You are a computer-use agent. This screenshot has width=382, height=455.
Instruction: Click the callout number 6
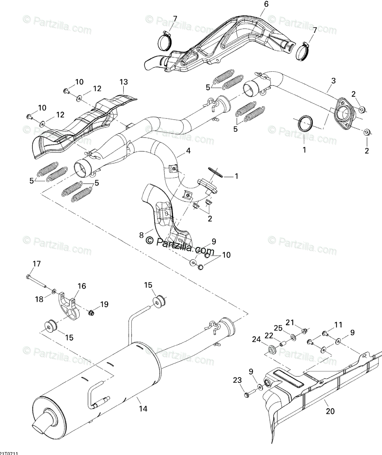266,4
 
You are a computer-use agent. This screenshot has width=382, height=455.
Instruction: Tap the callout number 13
123,82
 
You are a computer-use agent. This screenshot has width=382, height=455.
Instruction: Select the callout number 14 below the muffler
143,409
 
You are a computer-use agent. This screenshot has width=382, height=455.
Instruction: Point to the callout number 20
330,411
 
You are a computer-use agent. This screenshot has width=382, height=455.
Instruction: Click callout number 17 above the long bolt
36,264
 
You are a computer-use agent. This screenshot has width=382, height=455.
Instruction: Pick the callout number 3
333,81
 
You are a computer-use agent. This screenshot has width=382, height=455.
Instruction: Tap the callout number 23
238,380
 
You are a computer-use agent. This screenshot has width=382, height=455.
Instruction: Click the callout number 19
104,304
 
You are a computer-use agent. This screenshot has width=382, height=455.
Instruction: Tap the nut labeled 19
91,313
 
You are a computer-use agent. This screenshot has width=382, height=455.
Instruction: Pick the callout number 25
278,328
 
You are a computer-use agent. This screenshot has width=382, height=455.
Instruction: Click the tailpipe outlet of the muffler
42,423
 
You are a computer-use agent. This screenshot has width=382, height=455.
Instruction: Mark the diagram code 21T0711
9,452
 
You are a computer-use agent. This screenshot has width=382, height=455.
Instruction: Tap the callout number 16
82,286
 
